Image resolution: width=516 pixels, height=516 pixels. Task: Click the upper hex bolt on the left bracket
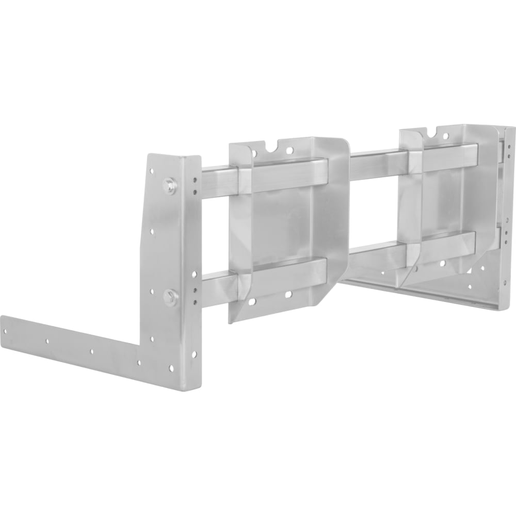coord(168,185)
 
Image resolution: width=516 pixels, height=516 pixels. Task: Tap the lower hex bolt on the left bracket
coord(169,297)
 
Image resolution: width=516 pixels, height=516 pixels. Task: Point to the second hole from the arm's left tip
coord(47,341)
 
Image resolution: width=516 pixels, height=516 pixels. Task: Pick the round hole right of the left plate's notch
coord(288,151)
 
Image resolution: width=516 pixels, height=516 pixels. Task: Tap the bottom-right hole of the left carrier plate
coord(288,295)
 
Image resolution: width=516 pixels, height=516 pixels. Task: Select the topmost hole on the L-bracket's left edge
coord(151,170)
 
